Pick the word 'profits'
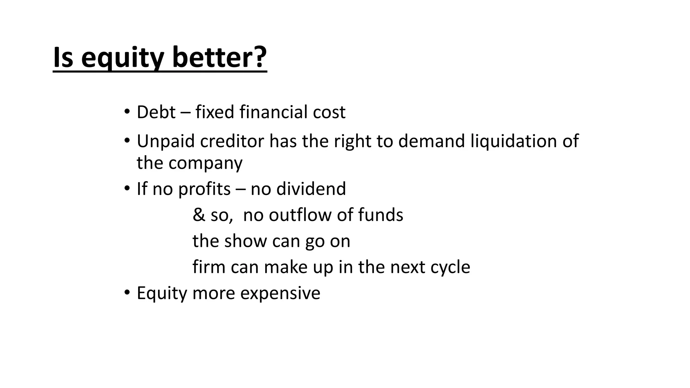pos(204,189)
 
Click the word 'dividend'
pos(311,189)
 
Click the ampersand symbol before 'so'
pos(199,215)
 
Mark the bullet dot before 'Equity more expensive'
pos(127,292)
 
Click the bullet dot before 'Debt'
pos(127,111)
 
